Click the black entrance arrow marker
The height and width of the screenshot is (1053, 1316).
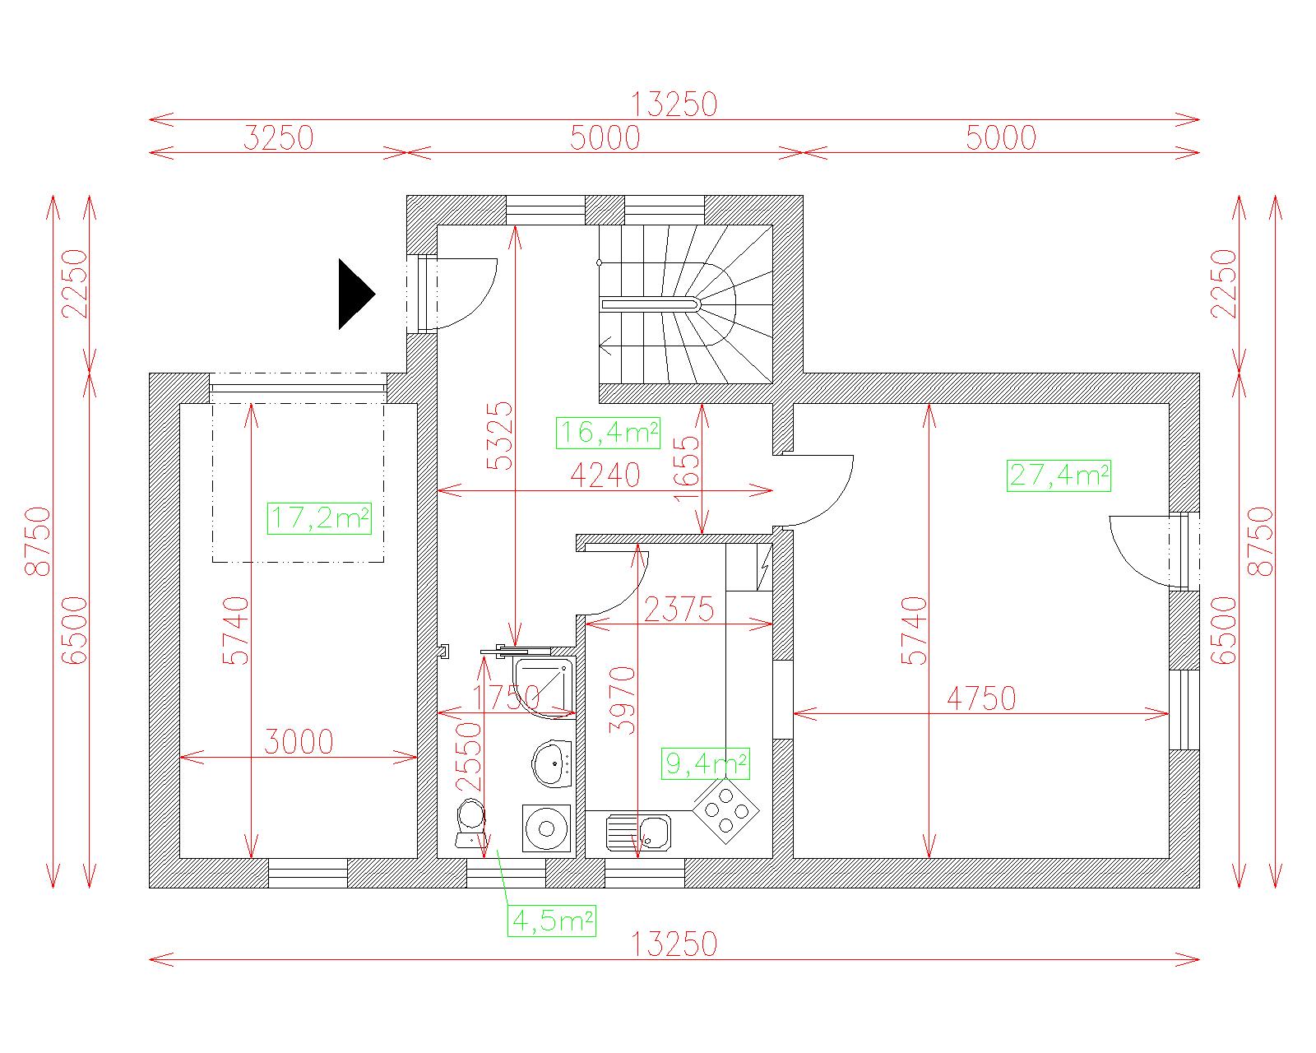(354, 295)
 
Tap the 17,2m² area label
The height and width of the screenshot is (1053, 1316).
(319, 518)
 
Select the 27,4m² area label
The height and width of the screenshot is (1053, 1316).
(1059, 475)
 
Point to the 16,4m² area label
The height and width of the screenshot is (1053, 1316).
(608, 433)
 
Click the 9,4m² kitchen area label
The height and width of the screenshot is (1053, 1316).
(705, 763)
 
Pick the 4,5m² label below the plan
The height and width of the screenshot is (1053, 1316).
(552, 921)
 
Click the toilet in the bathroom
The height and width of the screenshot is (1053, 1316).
(470, 823)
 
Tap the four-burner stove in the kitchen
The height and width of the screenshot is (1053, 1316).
(726, 811)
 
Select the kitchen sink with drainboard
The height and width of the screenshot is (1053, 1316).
(638, 833)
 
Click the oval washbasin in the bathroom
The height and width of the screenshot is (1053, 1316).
(552, 763)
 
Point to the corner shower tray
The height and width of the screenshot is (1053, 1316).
(543, 686)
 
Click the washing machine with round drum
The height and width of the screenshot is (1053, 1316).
(547, 828)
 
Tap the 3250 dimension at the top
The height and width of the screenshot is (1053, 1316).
(278, 137)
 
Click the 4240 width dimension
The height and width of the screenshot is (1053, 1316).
(605, 475)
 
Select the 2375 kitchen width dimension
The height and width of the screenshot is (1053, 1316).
(679, 610)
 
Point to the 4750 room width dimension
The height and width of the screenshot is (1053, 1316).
(981, 698)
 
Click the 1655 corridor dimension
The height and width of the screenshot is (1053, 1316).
(686, 468)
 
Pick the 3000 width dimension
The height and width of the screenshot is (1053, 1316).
(299, 742)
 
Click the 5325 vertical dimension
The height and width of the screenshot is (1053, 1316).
(499, 435)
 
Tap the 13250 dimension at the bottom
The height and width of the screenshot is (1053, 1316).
(674, 944)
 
